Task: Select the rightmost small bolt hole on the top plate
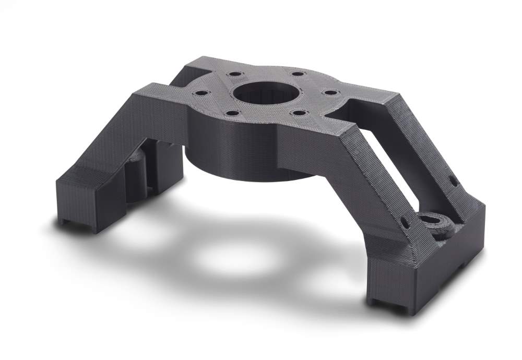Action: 329,92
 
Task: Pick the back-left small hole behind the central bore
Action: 233,74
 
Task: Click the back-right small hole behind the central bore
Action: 298,74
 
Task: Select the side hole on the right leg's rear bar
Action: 453,182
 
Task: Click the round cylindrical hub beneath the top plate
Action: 245,157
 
